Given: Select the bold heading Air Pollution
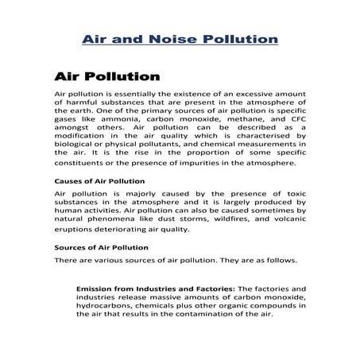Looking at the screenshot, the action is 106,77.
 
